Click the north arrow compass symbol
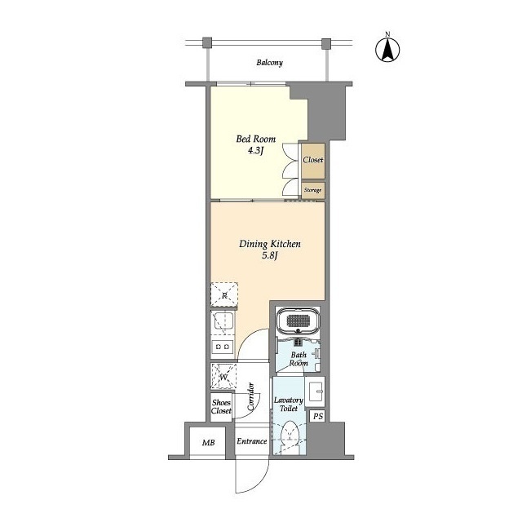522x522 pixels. point(387,49)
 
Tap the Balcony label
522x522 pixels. point(269,63)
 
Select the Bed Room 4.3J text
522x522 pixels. point(255,144)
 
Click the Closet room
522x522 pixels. point(313,161)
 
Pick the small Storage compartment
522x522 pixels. point(313,191)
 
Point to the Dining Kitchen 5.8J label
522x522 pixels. point(270,250)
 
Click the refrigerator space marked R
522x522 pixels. point(224,294)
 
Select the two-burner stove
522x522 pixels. point(223,347)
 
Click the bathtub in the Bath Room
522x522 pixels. point(299,321)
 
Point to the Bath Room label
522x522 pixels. point(299,359)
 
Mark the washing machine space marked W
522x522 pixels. point(223,377)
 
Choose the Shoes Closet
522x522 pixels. point(221,407)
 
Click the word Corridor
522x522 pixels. point(251,396)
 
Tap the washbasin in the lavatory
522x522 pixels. point(315,392)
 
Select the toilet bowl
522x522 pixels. point(290,436)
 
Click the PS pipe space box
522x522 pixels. point(317,417)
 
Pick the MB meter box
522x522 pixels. point(209,442)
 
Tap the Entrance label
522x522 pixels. point(252,441)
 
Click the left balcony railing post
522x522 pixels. point(207,42)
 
